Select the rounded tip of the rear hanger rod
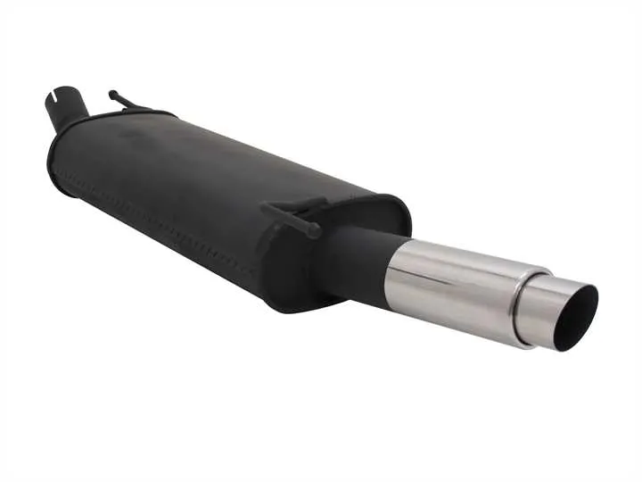(x=112, y=93)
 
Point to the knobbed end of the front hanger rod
(x=315, y=233)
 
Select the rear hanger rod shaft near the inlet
(x=129, y=103)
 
